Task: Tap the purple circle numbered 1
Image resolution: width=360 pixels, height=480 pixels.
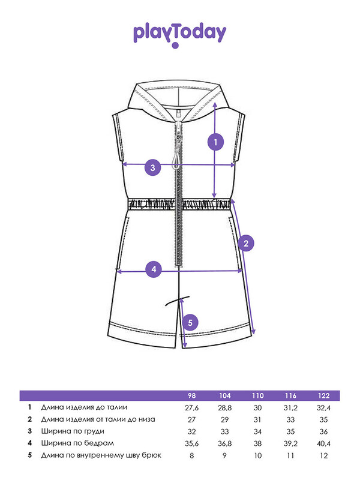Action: point(215,142)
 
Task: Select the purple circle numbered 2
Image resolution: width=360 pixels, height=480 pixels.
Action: point(246,244)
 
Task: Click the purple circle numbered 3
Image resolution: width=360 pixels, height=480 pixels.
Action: point(153,167)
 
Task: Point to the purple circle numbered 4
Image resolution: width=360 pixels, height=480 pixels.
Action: point(154,269)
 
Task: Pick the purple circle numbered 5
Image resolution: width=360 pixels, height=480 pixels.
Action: point(190,323)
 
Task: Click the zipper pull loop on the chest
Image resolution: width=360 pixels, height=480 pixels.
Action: point(176,160)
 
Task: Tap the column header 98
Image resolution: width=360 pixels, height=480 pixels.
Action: point(191,396)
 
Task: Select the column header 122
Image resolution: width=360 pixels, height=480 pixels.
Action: point(323,396)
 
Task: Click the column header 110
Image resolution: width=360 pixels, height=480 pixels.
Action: point(258,396)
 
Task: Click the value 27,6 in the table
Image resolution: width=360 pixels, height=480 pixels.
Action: point(191,408)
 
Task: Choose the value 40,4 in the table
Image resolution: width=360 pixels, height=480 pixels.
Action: point(323,443)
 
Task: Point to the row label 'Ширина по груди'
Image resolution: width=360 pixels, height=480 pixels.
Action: point(73,431)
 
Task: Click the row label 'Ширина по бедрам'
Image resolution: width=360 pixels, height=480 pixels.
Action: point(77,443)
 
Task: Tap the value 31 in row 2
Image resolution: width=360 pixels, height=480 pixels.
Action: point(257,419)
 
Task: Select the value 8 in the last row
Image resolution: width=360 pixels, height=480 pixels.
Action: point(191,455)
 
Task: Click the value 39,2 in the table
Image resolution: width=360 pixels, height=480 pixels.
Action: point(290,443)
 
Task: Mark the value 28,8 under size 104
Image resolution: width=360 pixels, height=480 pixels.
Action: point(224,408)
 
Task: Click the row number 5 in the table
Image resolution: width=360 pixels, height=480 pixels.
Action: point(29,455)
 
